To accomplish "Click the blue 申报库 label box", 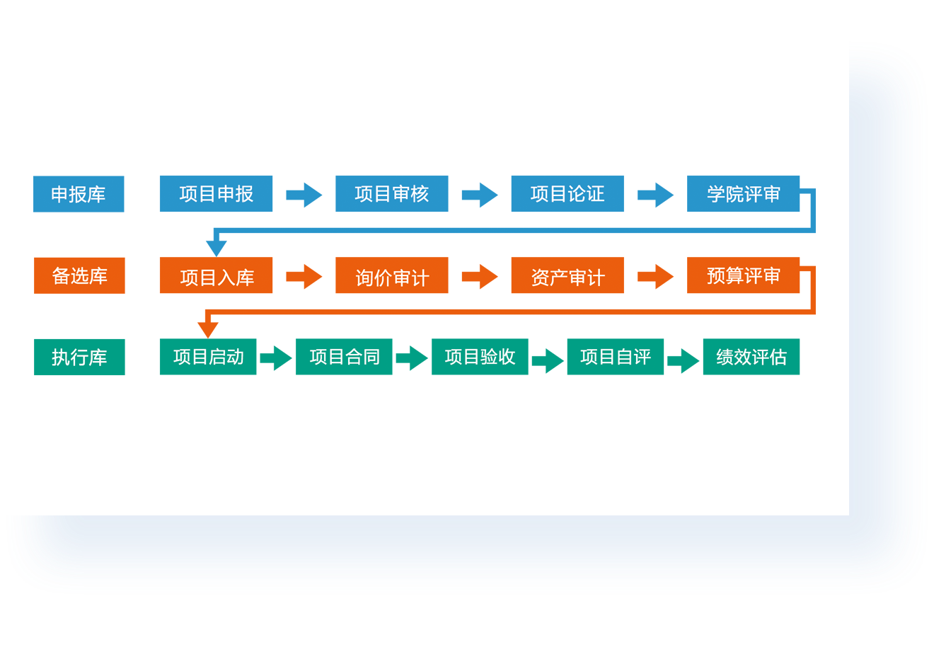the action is point(79,194).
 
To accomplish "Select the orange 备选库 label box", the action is point(79,275).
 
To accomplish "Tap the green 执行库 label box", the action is point(79,357).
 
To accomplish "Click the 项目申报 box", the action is point(216,193).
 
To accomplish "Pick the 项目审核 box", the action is point(392,193).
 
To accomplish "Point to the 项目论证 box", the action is point(567,193).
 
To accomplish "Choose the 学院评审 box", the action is point(743,193).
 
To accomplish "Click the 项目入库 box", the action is point(216,275).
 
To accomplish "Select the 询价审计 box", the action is point(392,275).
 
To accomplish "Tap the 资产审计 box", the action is point(567,275).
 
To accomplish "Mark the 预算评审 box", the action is point(743,275).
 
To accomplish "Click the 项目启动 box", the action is point(208,357).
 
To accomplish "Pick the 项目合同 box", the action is point(344,357).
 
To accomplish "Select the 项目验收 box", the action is point(480,357).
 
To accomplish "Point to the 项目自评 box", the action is point(616,357).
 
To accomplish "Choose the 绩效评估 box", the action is point(751,357).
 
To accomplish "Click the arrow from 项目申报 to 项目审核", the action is point(304,195).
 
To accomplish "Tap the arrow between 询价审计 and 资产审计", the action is point(480,277).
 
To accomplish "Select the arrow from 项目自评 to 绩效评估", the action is point(684,361).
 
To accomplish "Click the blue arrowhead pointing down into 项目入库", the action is point(217,248).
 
